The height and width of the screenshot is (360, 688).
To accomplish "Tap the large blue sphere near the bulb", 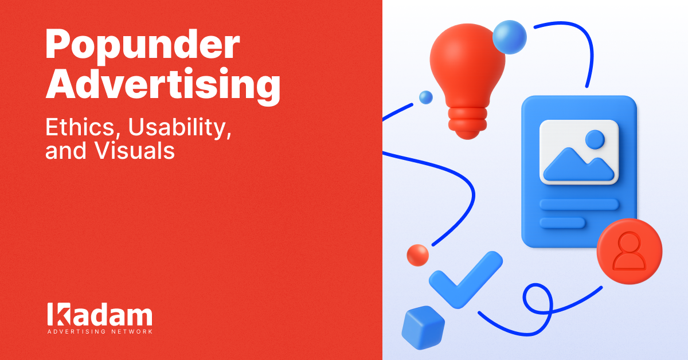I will (509, 37).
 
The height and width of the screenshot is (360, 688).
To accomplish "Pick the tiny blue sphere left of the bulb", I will (425, 97).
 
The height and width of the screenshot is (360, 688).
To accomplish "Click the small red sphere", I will (417, 255).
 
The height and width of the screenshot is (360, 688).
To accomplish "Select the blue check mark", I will (464, 278).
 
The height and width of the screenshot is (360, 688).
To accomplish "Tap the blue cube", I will (423, 328).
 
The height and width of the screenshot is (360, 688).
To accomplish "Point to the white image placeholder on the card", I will (579, 151).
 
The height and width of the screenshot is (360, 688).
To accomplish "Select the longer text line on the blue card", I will (579, 204).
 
